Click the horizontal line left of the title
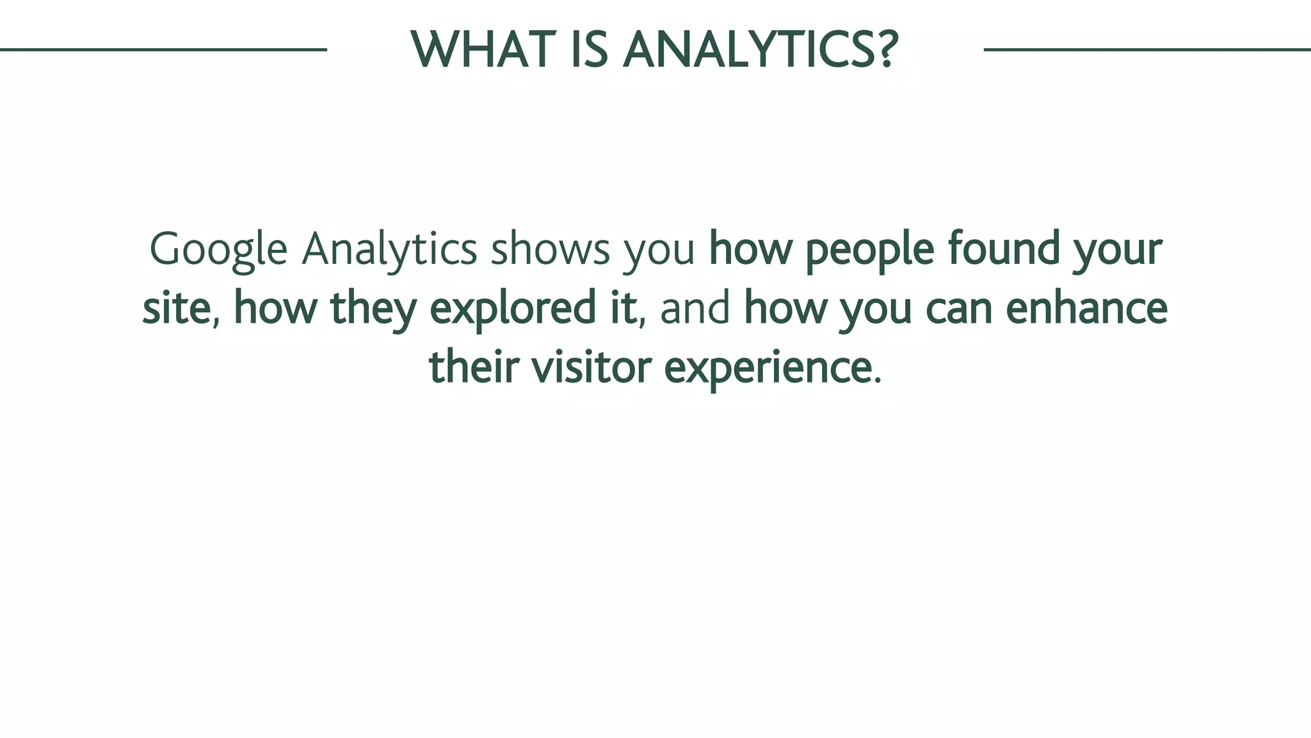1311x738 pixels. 163,49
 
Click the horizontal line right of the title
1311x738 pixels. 1146,49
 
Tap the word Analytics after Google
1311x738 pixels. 389,249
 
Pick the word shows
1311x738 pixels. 550,249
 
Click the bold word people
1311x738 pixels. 870,249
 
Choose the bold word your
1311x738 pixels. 1117,250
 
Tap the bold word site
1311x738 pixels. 177,307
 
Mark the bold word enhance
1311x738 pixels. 1086,307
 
